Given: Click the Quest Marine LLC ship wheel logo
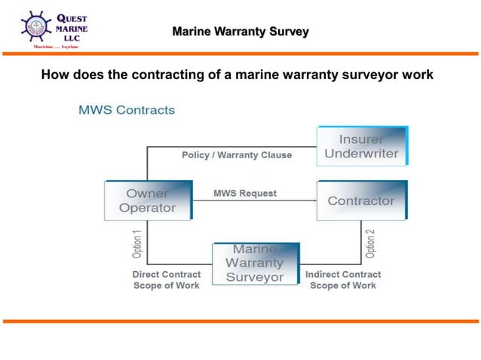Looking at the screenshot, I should (36, 27).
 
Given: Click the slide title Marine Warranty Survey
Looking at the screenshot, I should (240, 32).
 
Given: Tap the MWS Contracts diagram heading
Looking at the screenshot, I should (127, 110).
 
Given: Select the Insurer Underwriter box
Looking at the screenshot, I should (361, 146).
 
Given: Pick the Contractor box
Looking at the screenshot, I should (360, 200).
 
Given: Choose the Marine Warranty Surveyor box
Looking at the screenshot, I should (256, 263).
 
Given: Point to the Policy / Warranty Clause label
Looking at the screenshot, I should (236, 155).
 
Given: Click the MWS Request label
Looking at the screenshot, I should (244, 194).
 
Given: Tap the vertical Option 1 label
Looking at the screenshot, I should (136, 243).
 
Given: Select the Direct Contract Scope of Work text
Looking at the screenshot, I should (166, 280).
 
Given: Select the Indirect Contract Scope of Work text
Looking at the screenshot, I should (343, 280).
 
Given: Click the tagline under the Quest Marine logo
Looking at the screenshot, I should (55, 46).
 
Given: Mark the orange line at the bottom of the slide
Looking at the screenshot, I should (240, 322).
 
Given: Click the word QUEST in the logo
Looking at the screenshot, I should (72, 18).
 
